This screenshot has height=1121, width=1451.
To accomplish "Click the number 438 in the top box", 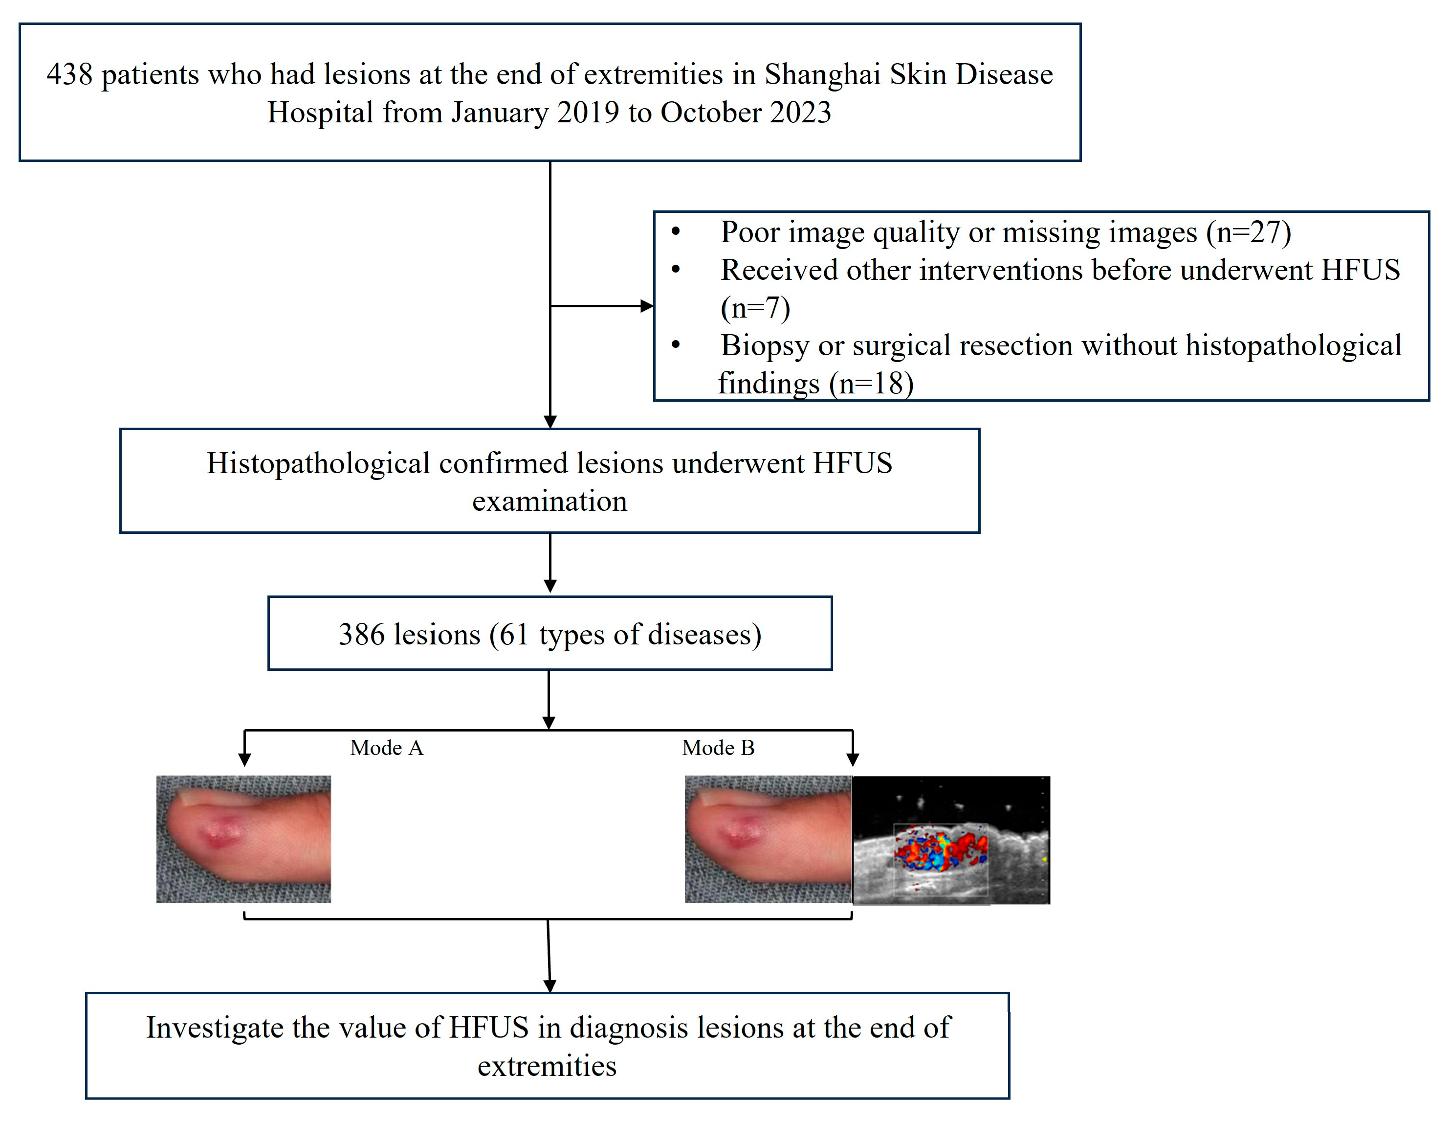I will pos(69,74).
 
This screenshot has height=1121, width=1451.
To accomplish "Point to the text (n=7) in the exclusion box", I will pos(755,308).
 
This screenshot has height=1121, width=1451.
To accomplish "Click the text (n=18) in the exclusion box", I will pos(871,384).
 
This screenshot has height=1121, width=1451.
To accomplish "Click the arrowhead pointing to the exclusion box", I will pos(646,306).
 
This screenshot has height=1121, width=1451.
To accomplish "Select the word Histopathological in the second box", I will pos(318,463).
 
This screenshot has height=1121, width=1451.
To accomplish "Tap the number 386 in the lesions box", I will pos(361,634).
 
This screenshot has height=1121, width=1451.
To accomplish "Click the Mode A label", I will pos(386,748).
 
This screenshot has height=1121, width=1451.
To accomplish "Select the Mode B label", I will pos(718,748).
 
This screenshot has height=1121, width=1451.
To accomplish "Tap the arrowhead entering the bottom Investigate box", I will pos(550,985).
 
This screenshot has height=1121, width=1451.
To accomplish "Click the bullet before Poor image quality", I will pos(676,231).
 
